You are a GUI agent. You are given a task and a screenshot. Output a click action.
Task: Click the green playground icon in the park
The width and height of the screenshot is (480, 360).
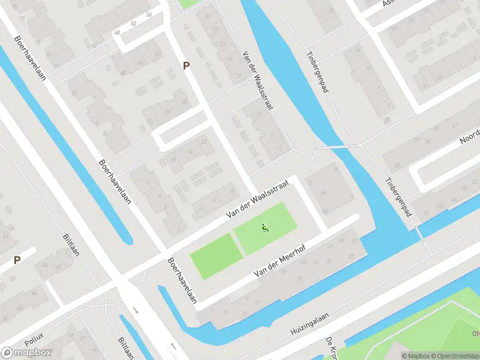[265, 227]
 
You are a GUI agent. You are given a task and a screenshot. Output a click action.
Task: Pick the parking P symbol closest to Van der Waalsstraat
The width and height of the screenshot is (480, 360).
[187, 66]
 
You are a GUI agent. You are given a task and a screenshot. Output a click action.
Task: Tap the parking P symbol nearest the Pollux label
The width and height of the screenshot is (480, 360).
[17, 260]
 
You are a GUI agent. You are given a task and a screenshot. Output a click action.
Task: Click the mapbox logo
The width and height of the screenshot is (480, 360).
[26, 352]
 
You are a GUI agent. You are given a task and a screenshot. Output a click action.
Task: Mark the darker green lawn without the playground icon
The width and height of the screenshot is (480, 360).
[216, 256]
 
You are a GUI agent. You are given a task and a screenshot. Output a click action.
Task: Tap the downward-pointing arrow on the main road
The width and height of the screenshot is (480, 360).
[136, 310]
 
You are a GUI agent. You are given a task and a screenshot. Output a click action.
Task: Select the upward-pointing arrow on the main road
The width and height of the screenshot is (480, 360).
[173, 347]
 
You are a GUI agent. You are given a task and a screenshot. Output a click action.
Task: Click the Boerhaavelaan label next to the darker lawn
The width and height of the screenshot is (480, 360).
[182, 281]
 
